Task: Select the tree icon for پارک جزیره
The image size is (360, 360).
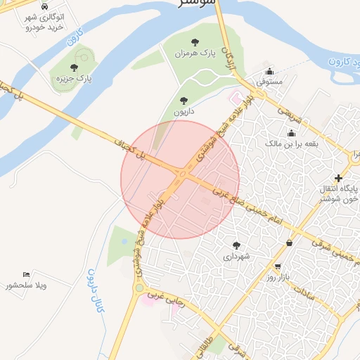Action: [74, 67]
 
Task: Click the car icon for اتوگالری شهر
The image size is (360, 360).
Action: [45, 6]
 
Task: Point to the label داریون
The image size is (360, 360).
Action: [184, 111]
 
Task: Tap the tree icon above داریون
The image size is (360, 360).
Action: [184, 101]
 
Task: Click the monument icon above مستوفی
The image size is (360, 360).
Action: [269, 71]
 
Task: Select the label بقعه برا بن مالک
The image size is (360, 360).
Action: [291, 143]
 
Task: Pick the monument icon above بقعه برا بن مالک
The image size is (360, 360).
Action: [291, 133]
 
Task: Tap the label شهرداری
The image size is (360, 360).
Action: [236, 257]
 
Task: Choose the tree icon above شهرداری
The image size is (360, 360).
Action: [236, 245]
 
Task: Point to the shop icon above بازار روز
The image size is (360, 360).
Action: [279, 267]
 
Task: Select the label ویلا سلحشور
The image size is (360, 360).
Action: [26, 285]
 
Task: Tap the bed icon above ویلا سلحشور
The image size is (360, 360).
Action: [26, 274]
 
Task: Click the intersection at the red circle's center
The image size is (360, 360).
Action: [181, 179]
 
